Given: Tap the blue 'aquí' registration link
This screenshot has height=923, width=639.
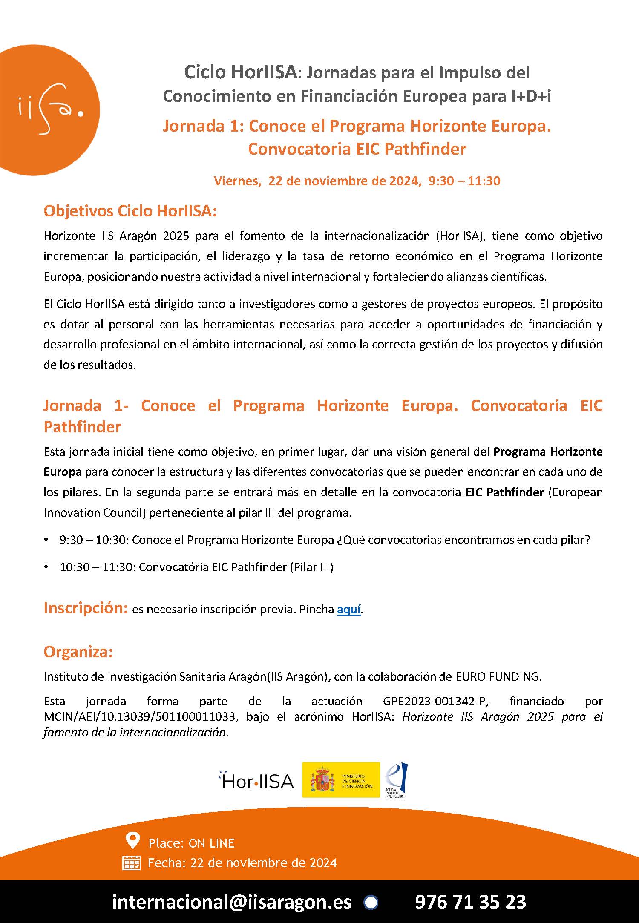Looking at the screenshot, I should point(348,610).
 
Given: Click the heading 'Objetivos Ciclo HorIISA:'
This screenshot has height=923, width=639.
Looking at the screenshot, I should point(130,211).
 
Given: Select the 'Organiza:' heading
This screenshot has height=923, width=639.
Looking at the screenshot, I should point(78,652).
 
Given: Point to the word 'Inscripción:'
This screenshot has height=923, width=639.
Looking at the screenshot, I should point(86,608).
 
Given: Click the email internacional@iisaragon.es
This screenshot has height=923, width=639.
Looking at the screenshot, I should point(232,902).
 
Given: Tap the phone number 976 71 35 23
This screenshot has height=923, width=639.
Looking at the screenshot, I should point(470,902).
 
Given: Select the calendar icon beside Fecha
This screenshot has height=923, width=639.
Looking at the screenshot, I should point(131,863).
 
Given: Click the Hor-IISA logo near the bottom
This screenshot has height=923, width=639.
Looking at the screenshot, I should point(256,781).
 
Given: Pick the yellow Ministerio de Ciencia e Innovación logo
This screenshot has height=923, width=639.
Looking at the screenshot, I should point(340,780).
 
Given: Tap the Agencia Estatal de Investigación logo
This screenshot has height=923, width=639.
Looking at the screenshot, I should point(397,780).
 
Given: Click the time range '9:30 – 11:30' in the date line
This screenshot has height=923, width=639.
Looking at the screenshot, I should point(464,181).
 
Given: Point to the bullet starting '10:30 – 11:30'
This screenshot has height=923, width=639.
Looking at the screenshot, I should point(196,567).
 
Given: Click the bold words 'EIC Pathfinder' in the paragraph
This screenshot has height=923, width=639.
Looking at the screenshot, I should point(505,492).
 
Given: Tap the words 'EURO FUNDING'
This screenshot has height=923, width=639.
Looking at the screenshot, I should point(498,676).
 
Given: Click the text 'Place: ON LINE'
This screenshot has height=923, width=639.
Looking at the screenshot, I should point(191,843).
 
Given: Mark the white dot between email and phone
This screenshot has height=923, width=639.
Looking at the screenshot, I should point(371,902).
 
